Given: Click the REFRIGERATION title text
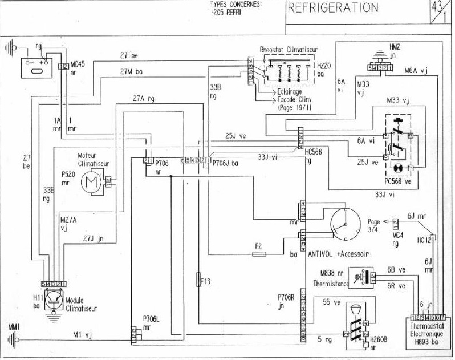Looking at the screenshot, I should tap(333, 8).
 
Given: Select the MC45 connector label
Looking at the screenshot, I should tap(77, 64).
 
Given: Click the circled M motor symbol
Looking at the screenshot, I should tap(90, 183).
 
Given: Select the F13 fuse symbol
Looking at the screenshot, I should tap(198, 280).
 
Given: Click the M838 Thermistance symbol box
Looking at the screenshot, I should tap(360, 278).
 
